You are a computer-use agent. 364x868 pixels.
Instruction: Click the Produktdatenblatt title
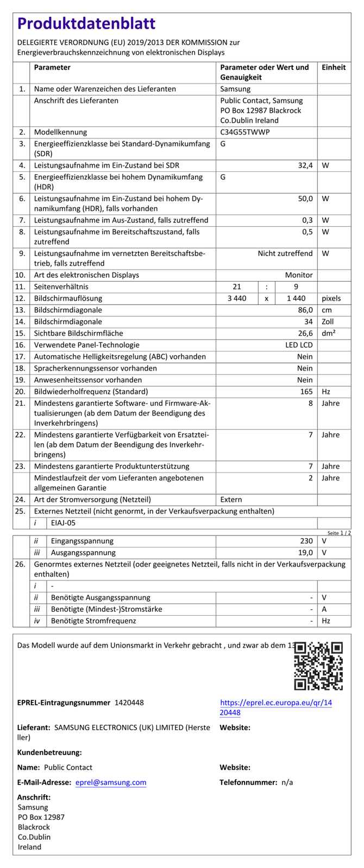click(x=86, y=23)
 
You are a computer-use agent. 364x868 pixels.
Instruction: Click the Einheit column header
click(x=334, y=67)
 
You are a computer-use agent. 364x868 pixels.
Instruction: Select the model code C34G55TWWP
click(x=245, y=132)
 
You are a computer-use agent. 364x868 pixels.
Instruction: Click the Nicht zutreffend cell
click(x=285, y=253)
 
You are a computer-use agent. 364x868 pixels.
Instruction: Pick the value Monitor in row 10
click(x=299, y=275)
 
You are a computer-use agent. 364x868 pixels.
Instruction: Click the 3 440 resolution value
click(x=236, y=298)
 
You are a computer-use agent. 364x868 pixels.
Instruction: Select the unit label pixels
click(x=331, y=298)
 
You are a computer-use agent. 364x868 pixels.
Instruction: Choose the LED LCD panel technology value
click(x=299, y=345)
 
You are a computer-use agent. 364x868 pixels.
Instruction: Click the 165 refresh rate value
click(x=306, y=392)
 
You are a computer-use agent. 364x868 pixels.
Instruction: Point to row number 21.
click(x=21, y=403)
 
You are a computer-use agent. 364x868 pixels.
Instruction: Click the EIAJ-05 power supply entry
click(x=64, y=524)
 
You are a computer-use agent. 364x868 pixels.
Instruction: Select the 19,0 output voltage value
click(x=305, y=553)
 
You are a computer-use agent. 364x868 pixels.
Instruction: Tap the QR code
click(x=318, y=666)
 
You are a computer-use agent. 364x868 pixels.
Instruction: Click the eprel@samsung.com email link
click(x=111, y=782)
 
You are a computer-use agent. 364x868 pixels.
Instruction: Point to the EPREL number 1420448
click(x=129, y=703)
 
